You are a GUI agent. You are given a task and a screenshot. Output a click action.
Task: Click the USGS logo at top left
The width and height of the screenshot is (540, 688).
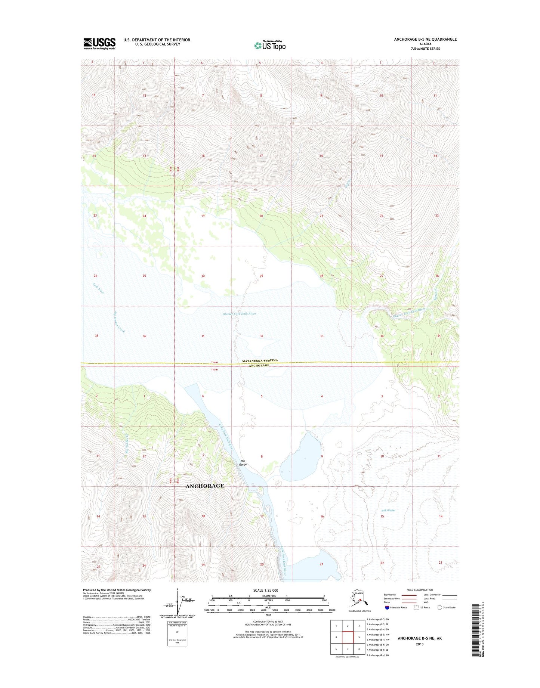pos(99,43)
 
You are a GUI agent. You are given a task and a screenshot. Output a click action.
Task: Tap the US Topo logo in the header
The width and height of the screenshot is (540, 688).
pos(270,45)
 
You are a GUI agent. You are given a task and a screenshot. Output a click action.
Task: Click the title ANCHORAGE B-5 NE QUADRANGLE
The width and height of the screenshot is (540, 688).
pos(425,39)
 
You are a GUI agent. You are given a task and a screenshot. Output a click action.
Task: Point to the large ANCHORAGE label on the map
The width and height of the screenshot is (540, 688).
pos(205,486)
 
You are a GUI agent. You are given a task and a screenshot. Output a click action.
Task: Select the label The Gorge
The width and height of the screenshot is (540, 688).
pos(243,462)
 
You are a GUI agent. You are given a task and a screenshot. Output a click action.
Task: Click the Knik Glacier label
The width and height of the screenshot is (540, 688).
pos(388,510)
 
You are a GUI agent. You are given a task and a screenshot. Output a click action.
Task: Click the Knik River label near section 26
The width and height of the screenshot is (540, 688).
pos(99,288)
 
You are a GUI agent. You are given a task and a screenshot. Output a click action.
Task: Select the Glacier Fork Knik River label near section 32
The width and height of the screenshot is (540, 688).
pos(239,314)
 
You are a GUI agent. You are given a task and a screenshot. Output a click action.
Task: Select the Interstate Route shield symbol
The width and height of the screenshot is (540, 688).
pos(387,607)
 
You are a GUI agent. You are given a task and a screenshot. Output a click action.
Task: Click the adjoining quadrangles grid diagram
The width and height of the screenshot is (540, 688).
pos(348,638)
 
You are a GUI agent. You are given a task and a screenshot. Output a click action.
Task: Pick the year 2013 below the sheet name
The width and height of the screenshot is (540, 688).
pos(419,644)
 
